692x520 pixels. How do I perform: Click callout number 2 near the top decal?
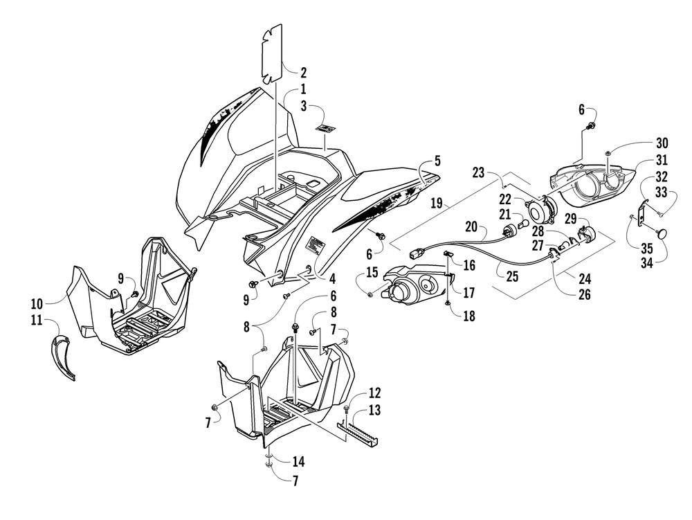tap(303, 72)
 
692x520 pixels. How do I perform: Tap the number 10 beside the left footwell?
tap(36, 303)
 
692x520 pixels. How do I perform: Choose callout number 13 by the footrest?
tap(374, 411)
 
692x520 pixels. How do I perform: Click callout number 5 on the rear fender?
tap(437, 161)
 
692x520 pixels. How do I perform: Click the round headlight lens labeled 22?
tap(538, 209)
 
